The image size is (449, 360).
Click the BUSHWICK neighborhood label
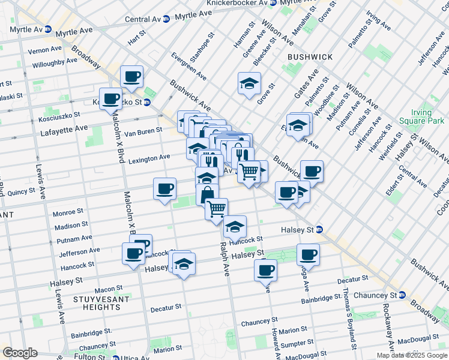(310, 56)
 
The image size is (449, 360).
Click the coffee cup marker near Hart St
(131, 77)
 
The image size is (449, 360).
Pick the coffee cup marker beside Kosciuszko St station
(110, 99)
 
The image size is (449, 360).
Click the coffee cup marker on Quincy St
(164, 189)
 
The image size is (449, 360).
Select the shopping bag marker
(207, 195)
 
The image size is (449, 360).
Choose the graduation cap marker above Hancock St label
(235, 227)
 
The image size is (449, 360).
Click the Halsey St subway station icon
(320, 229)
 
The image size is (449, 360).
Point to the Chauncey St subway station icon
(402, 295)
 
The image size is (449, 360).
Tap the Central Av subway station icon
(166, 19)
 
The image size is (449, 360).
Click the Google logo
(19, 353)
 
